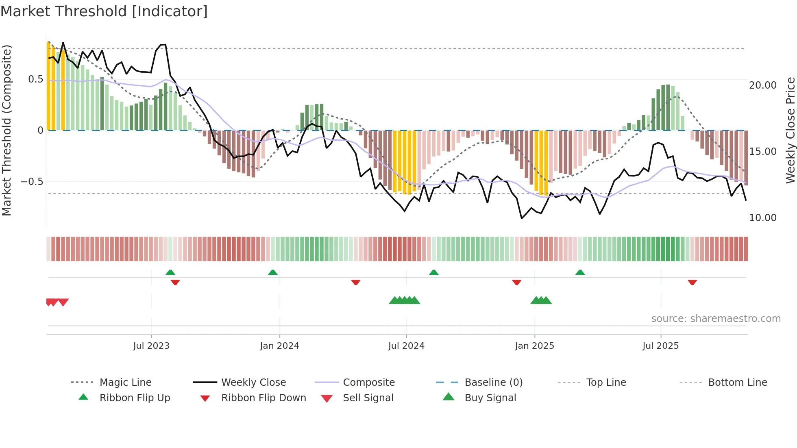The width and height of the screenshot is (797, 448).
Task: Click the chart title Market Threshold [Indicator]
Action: (104, 11)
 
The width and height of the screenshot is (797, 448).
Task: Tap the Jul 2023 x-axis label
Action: (151, 346)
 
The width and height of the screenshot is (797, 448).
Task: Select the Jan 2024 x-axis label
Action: (279, 346)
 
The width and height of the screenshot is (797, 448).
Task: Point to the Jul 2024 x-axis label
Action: (406, 346)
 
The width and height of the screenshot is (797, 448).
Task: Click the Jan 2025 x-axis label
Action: (534, 346)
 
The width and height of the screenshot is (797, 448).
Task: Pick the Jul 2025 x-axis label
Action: (661, 346)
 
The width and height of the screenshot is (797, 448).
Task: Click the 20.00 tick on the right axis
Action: (763, 85)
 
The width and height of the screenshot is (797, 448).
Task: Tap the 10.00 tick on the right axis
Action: (763, 218)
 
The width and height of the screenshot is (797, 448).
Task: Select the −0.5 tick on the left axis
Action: (32, 182)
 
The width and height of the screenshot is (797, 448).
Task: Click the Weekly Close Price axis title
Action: (790, 130)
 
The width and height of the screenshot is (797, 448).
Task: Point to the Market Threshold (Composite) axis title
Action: (7, 130)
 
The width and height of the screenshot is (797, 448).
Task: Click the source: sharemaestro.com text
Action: (716, 319)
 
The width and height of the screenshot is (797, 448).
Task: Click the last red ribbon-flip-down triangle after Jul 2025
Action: (692, 282)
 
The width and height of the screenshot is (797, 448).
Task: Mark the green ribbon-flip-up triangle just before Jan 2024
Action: (273, 272)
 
